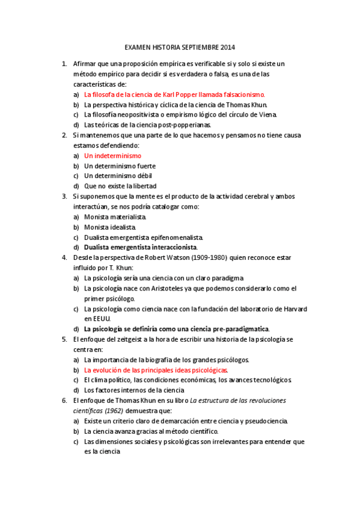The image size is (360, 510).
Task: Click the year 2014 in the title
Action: point(228,47)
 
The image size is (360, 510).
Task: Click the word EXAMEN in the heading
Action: point(138,47)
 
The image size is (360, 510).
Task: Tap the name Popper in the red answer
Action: point(198,94)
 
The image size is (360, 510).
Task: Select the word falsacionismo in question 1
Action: point(243,94)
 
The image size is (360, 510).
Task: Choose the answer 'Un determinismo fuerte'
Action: point(120,166)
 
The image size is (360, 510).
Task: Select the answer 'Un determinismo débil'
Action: point(118,176)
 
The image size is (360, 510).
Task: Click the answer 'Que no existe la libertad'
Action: point(120,186)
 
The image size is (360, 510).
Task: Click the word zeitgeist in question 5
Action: point(137,339)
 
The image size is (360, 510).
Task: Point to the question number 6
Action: point(64,401)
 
